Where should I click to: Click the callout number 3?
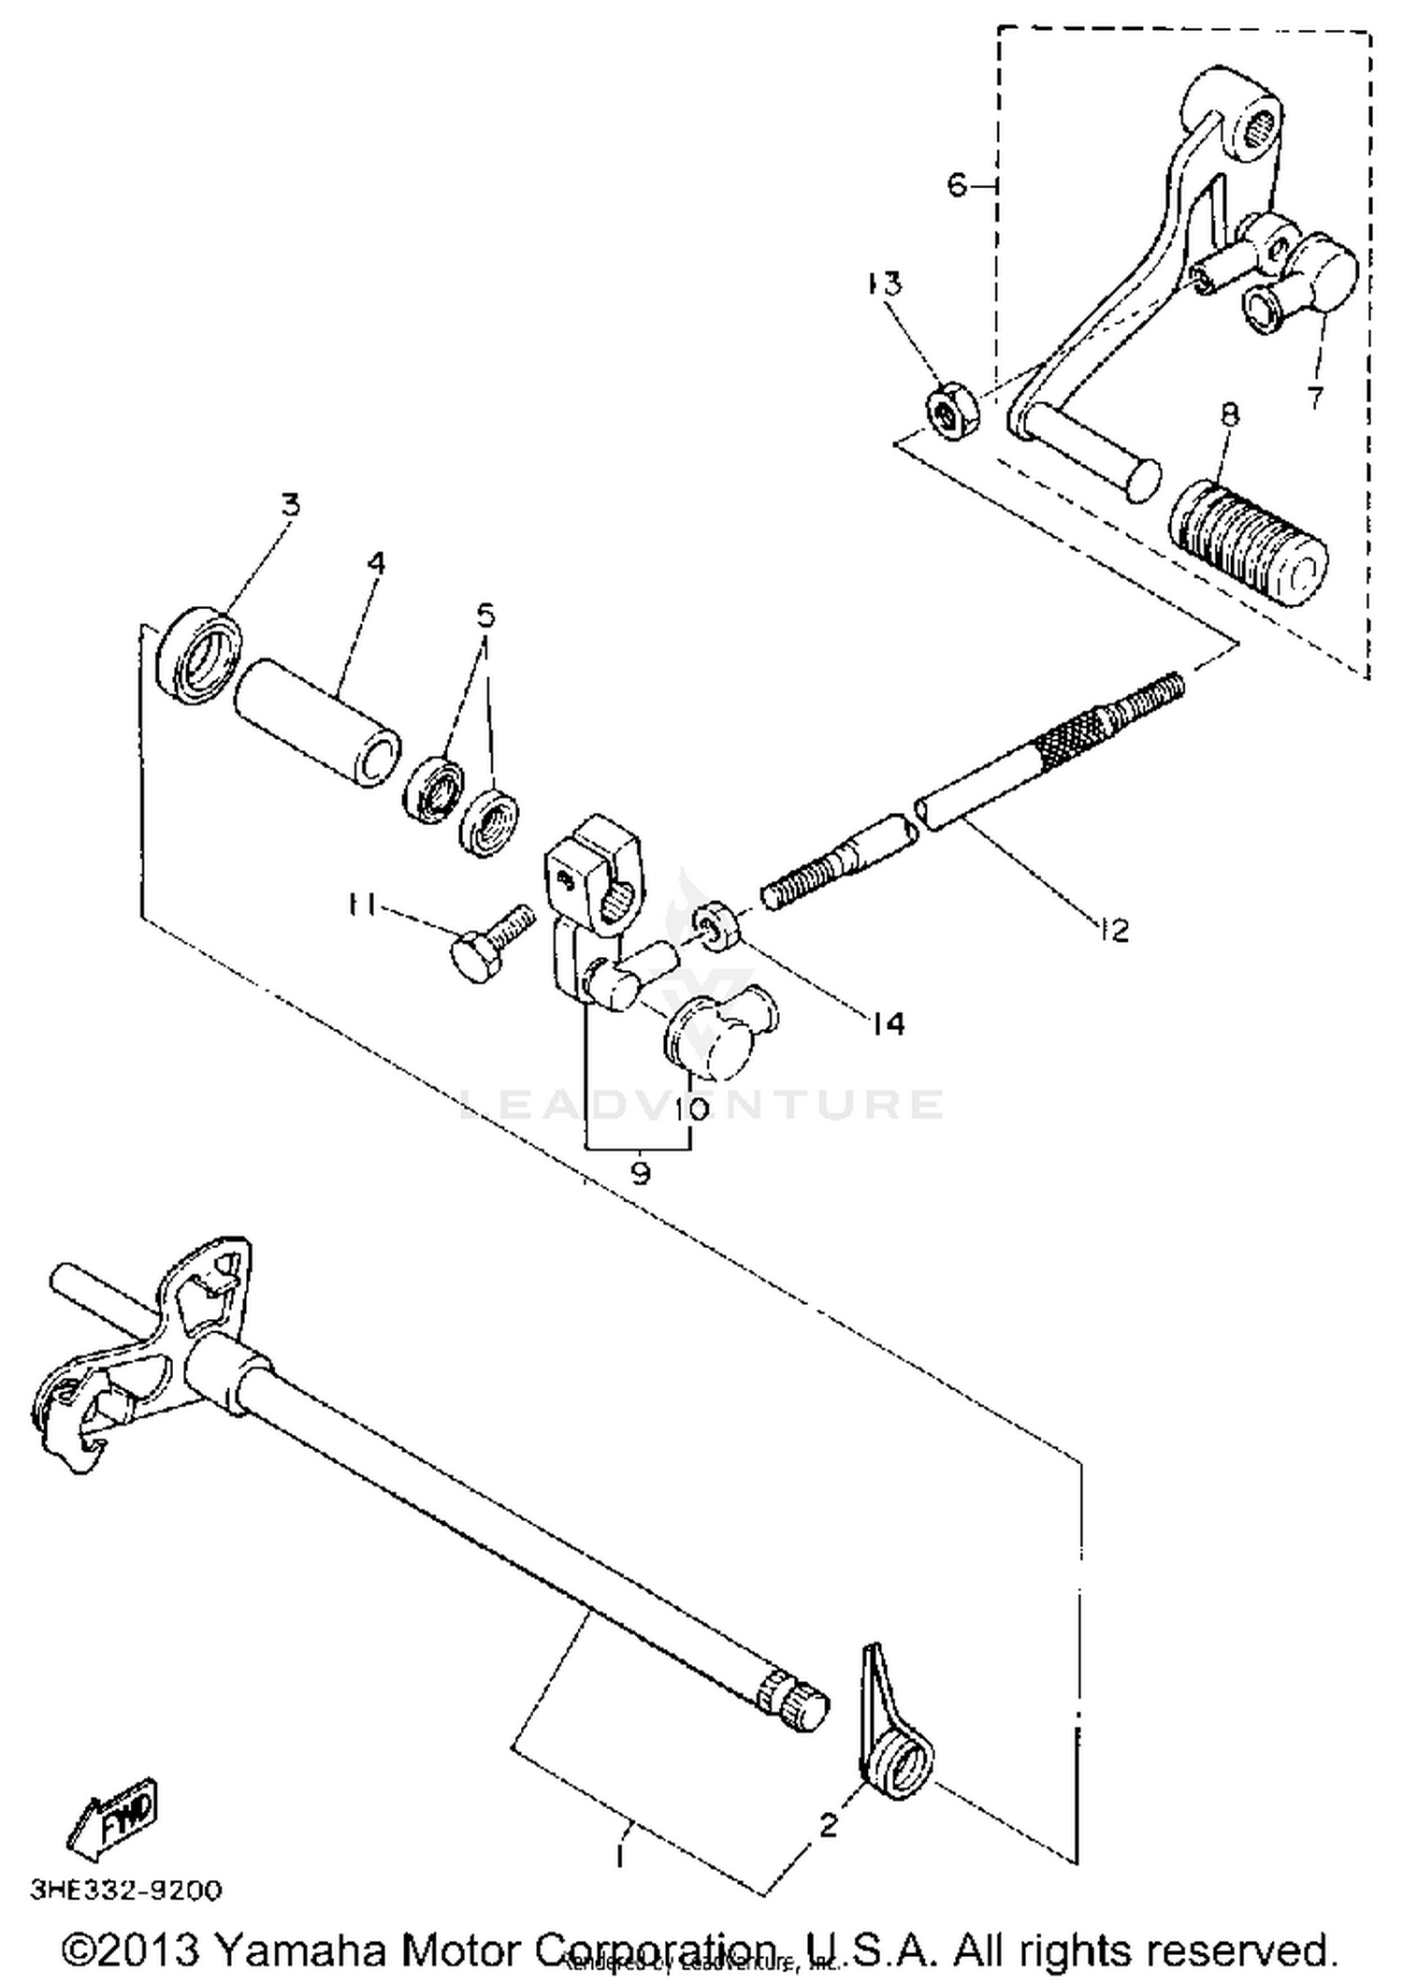(291, 505)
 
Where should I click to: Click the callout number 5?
(485, 615)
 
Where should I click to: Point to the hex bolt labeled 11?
(485, 942)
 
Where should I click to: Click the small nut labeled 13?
(951, 411)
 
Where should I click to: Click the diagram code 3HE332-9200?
(127, 1891)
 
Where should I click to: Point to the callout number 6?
(956, 185)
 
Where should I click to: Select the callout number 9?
(640, 1173)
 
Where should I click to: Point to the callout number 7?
(1315, 397)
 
